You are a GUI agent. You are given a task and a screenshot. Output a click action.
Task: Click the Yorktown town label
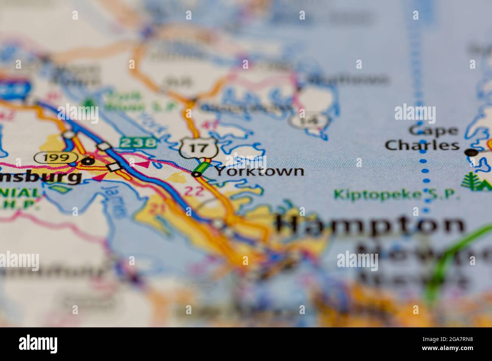(x=260, y=171)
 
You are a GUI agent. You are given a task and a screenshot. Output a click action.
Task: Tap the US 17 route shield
(x=198, y=147)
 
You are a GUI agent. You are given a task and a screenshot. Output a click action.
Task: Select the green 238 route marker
(x=138, y=142)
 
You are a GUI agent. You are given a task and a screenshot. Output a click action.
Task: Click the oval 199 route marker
(x=55, y=157)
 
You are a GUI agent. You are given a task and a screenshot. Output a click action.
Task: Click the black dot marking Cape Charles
(x=471, y=152)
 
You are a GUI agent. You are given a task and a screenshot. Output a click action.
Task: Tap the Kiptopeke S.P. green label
(x=397, y=195)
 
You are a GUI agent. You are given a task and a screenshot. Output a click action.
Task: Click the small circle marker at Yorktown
(x=196, y=174)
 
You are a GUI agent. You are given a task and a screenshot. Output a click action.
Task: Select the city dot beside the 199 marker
(x=89, y=161)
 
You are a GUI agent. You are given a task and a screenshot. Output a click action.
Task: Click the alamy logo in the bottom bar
(x=38, y=344)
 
